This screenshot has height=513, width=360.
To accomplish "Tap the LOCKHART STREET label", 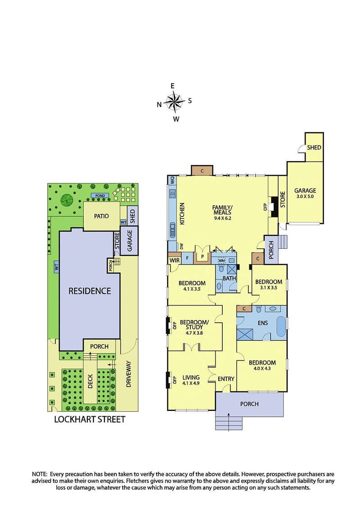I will pyautogui.click(x=89, y=419).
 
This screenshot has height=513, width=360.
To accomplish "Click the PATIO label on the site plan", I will pyautogui.click(x=102, y=216).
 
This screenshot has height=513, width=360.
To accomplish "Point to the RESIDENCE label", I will pyautogui.click(x=90, y=291).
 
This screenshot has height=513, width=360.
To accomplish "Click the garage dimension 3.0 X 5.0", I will pyautogui.click(x=305, y=197).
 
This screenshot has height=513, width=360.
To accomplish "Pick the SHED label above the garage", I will pyautogui.click(x=314, y=148).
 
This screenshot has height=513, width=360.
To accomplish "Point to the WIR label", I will pyautogui.click(x=174, y=260).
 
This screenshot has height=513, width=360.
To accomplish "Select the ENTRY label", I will pyautogui.click(x=225, y=379).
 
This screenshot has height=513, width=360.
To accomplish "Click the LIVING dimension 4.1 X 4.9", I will pyautogui.click(x=191, y=383).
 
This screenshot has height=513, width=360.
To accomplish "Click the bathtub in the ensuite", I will pyautogui.click(x=281, y=325).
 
